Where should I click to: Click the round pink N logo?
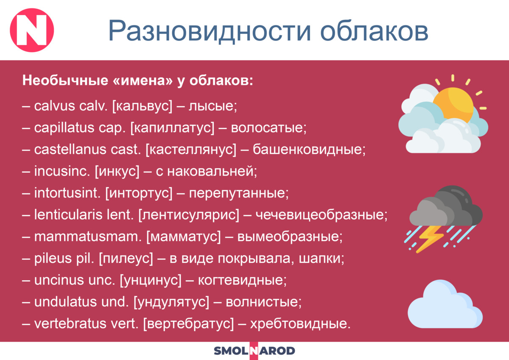pos(32,30)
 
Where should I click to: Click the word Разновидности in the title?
pos(210,31)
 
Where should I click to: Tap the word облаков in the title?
pos(374,31)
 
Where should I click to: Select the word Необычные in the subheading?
pos(65,81)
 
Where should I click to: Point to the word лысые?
pos(213,106)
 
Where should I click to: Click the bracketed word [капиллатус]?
pos(172,128)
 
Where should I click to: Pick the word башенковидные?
pos(309,149)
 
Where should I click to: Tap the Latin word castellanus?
pos(70,149)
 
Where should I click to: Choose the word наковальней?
pos(212,171)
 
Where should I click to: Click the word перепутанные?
pos(238,194)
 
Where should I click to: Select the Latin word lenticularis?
pos(68,215)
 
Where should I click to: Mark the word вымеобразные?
pos(290,237)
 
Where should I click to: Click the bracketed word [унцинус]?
pos(151,281)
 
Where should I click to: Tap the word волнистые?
pos(263,302)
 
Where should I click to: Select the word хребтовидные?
pos(300,324)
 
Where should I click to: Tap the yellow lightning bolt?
pos(430,239)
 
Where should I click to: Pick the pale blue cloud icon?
pos(445,304)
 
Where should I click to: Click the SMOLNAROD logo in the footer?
pos(254,351)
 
